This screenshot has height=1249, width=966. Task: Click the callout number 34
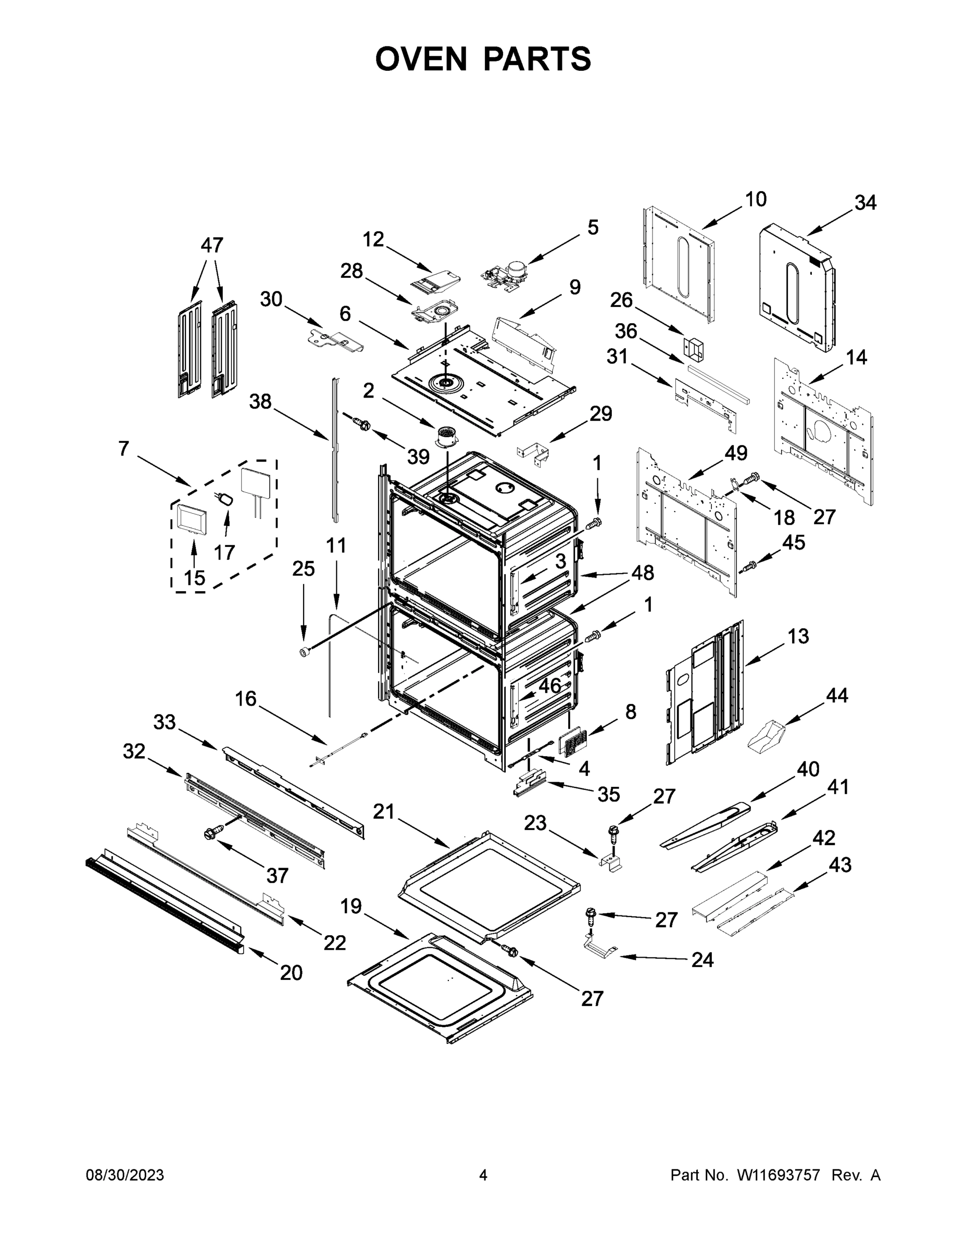(x=864, y=202)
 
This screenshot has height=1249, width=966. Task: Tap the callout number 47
(x=211, y=245)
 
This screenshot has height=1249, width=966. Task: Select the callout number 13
(x=798, y=636)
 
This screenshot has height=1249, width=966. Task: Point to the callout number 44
(x=836, y=695)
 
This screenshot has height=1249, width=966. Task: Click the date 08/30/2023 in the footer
(x=125, y=1175)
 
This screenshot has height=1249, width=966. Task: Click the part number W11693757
(x=779, y=1175)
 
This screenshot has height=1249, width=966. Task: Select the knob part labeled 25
(x=305, y=652)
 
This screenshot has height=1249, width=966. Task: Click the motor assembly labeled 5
(x=507, y=271)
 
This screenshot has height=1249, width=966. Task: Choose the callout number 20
(x=291, y=973)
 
